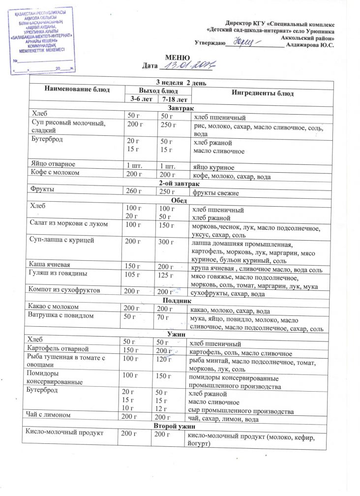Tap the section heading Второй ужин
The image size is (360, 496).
click(x=174, y=425)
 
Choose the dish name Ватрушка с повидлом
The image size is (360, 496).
click(x=64, y=316)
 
